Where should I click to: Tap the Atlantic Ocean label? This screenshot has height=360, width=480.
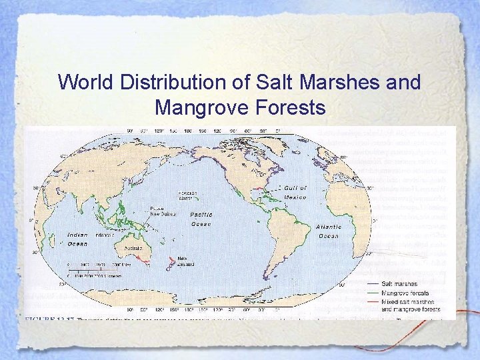329,231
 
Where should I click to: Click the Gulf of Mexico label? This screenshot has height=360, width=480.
295,193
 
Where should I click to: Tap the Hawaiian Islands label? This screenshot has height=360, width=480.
187,195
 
